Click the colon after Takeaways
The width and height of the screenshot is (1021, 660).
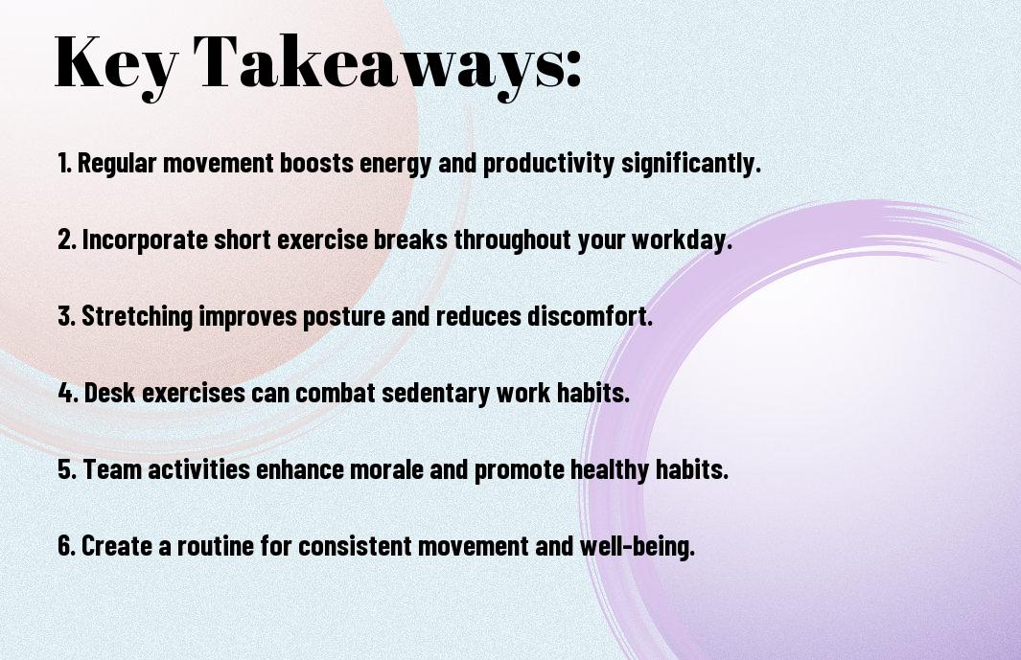click(573, 67)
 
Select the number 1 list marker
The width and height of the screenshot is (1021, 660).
click(64, 163)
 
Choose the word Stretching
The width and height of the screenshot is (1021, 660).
click(137, 316)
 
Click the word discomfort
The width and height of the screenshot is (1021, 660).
click(590, 316)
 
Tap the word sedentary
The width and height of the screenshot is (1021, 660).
click(435, 393)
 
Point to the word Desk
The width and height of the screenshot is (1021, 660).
click(109, 393)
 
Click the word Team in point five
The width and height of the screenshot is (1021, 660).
click(112, 469)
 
